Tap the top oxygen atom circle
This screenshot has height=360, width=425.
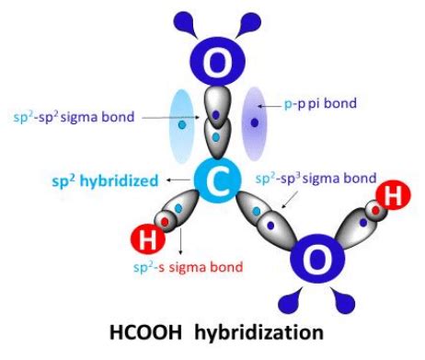(x=217, y=62)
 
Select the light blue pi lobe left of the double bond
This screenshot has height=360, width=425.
(x=183, y=124)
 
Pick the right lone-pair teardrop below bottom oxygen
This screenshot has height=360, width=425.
(x=347, y=300)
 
